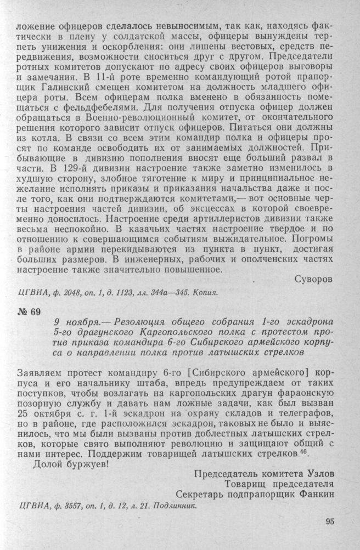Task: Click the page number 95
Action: click(x=329, y=521)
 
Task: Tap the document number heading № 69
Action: click(x=29, y=313)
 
